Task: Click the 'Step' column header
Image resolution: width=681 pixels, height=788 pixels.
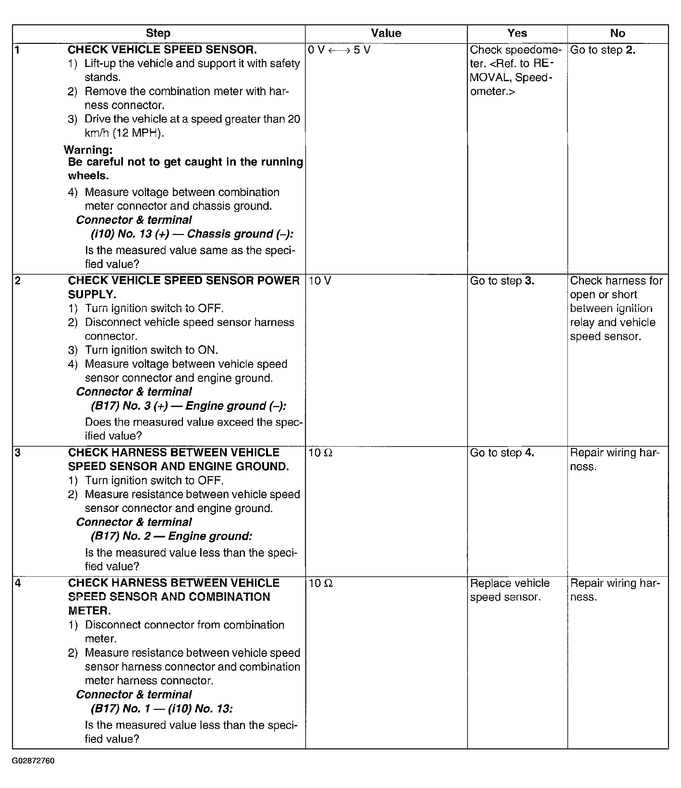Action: [x=158, y=33]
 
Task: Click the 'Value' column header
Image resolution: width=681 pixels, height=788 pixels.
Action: [x=386, y=33]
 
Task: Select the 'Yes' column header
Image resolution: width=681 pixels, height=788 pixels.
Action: [x=517, y=33]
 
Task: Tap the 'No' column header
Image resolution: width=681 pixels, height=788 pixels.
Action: [x=617, y=33]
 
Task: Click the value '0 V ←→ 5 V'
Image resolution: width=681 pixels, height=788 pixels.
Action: [x=339, y=50]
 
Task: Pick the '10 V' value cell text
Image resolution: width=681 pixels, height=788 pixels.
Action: [x=320, y=281]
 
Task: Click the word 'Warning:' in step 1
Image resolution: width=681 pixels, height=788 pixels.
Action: [x=88, y=150]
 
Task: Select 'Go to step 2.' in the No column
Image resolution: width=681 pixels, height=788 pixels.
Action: [x=603, y=50]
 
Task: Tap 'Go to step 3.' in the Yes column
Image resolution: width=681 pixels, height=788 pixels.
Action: [x=502, y=281]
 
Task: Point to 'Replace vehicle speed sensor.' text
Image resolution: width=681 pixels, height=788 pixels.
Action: [x=509, y=590]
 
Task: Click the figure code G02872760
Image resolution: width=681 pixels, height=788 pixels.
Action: [x=33, y=761]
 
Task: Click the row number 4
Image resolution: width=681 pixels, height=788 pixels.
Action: [x=18, y=583]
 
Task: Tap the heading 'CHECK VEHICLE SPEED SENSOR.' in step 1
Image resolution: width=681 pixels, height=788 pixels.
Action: [x=162, y=50]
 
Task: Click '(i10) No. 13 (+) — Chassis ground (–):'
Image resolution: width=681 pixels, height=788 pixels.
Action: [x=192, y=234]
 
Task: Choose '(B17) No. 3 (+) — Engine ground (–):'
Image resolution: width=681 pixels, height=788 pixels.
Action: [x=188, y=406]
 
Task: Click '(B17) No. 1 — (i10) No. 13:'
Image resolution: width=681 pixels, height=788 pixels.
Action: [x=162, y=708]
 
